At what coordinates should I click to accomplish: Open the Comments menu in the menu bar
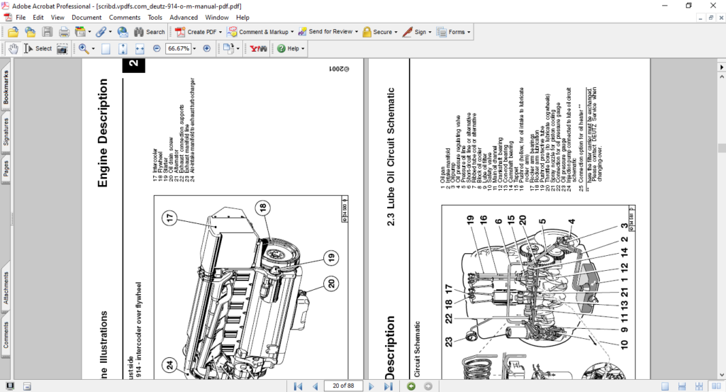click(124, 17)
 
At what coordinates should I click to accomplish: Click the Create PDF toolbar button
click(201, 32)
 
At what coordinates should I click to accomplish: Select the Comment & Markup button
click(261, 32)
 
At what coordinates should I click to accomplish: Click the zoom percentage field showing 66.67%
click(178, 49)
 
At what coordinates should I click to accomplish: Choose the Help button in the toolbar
click(291, 49)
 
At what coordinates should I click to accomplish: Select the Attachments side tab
click(6, 289)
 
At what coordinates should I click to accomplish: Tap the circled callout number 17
click(171, 218)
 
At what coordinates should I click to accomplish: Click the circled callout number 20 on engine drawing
click(330, 283)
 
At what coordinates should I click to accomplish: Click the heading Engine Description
click(103, 133)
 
